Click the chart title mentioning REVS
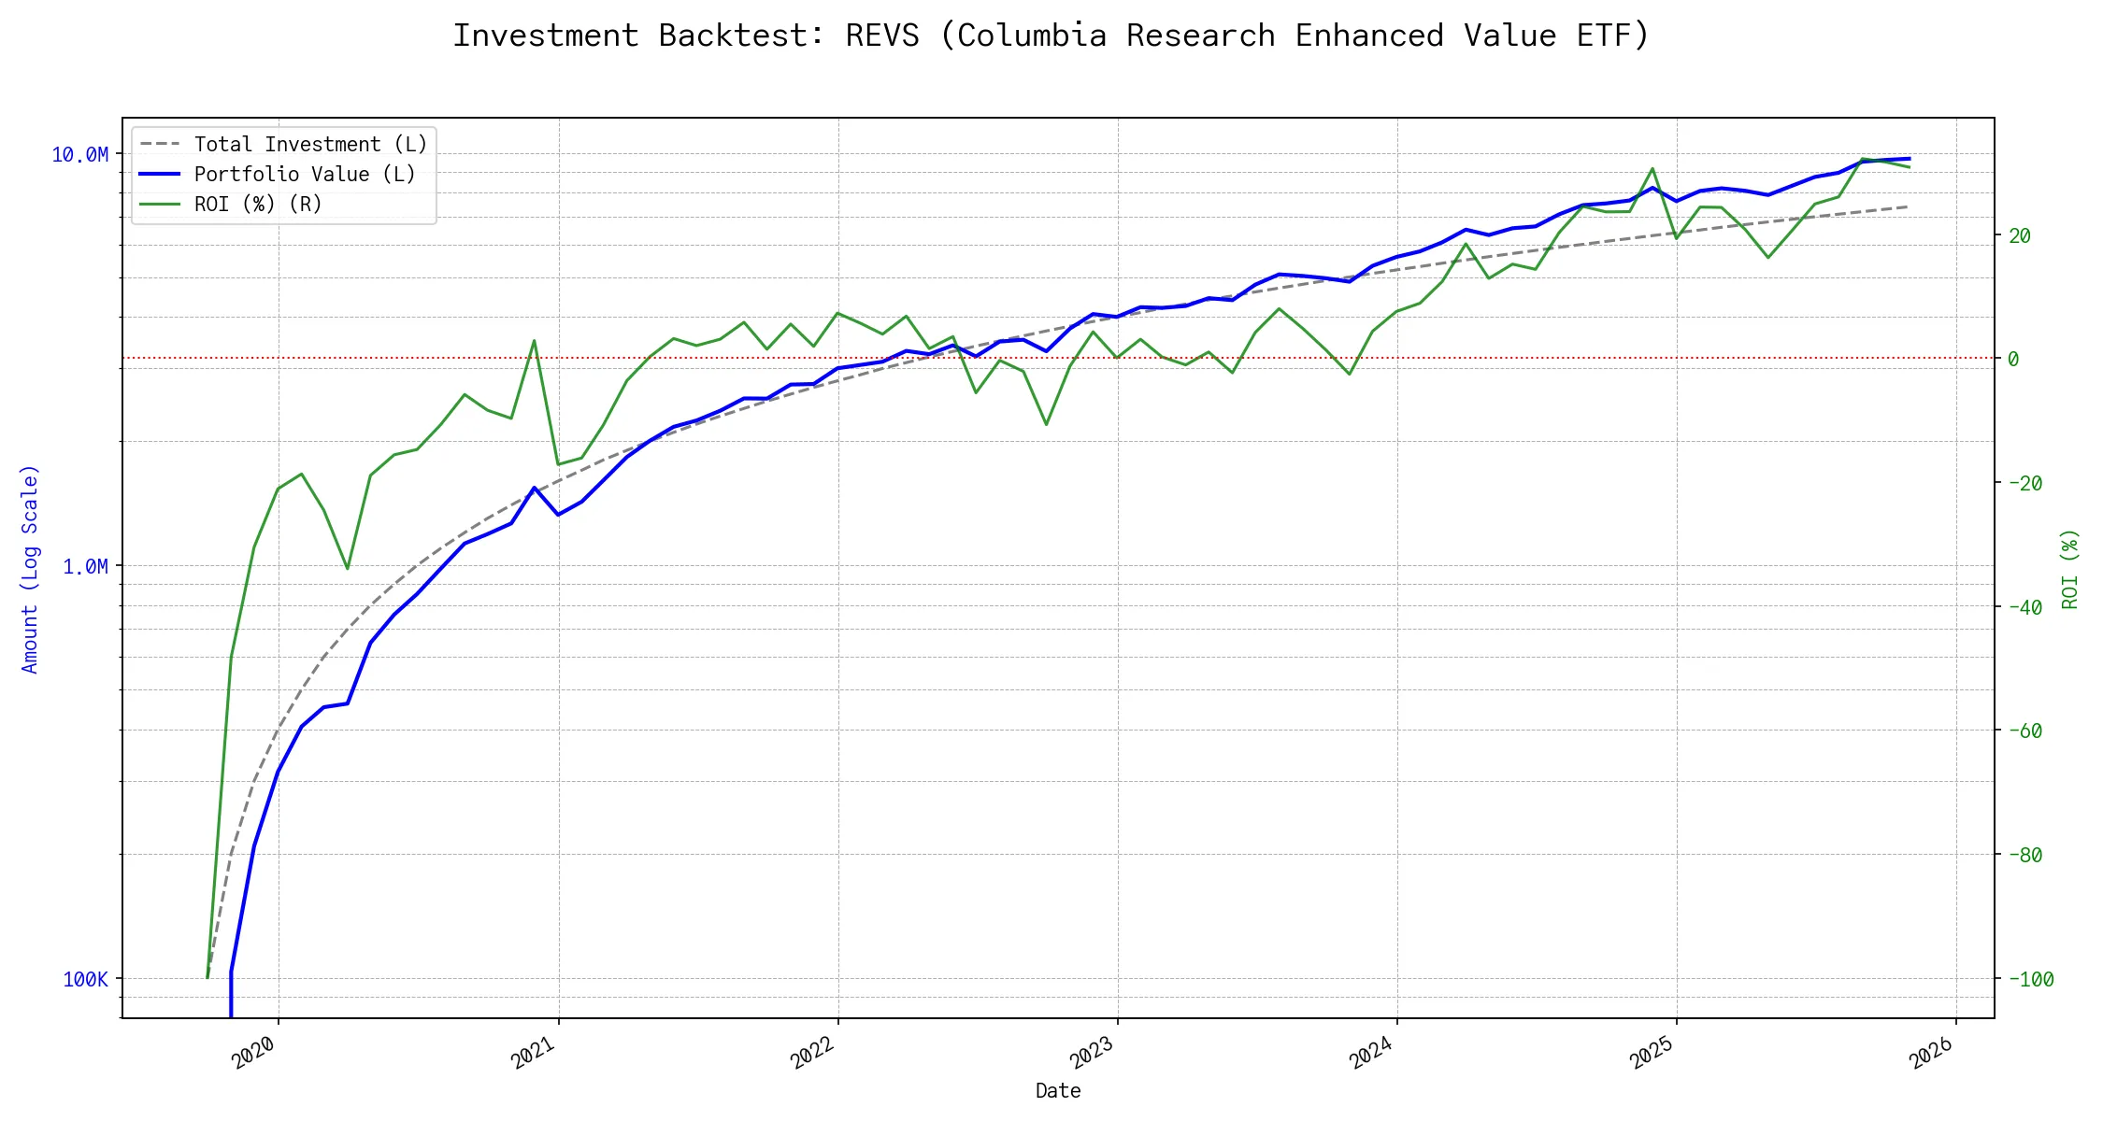[1051, 35]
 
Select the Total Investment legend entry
[310, 145]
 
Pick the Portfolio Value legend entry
[305, 175]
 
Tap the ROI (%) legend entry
[258, 205]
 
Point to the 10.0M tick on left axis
[80, 155]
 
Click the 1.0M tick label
[85, 567]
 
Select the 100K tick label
[85, 979]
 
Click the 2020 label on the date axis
[253, 1053]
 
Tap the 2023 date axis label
[1092, 1053]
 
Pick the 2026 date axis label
[1931, 1053]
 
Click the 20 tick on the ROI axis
[2019, 235]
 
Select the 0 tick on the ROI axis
[2013, 359]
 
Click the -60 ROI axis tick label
[2024, 731]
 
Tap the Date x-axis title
[1058, 1091]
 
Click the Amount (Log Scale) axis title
[30, 568]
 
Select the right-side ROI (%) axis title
[2069, 568]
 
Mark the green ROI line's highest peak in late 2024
[1652, 169]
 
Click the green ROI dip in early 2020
[348, 568]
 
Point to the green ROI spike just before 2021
[534, 341]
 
